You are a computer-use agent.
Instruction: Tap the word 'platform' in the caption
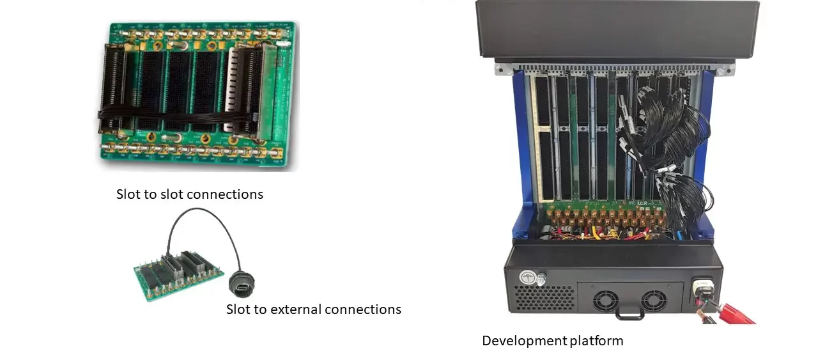pyautogui.click(x=596, y=341)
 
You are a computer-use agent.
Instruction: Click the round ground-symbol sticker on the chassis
pyautogui.click(x=527, y=278)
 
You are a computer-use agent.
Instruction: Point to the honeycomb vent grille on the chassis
pyautogui.click(x=543, y=298)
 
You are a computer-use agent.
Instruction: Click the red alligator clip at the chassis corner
pyautogui.click(x=735, y=313)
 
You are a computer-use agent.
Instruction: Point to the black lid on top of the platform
pyautogui.click(x=617, y=29)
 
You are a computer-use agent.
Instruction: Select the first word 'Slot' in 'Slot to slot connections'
pyautogui.click(x=128, y=194)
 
